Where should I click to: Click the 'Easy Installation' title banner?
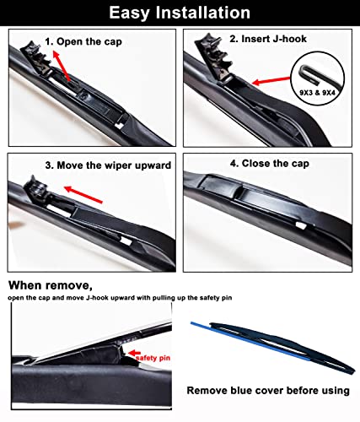click(x=180, y=13)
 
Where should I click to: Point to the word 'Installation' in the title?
click(x=206, y=13)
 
